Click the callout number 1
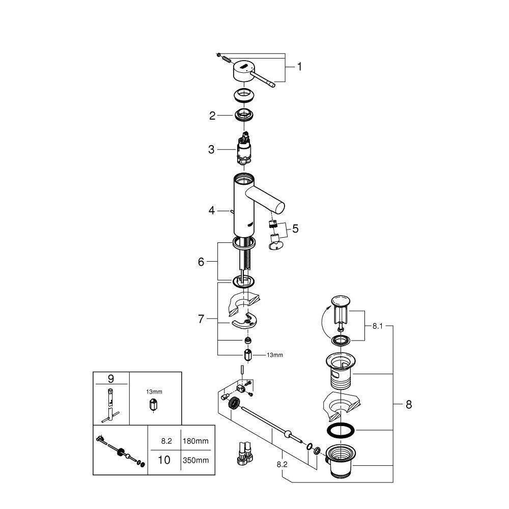(x=299, y=67)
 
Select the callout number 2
(x=213, y=116)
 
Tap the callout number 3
(x=211, y=149)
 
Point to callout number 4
(x=211, y=209)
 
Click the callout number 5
(x=295, y=229)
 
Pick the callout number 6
(x=201, y=262)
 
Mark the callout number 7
(x=201, y=320)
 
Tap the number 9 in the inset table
(x=110, y=379)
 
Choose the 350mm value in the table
(x=195, y=460)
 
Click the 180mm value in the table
(x=195, y=441)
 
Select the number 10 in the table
(x=164, y=460)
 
